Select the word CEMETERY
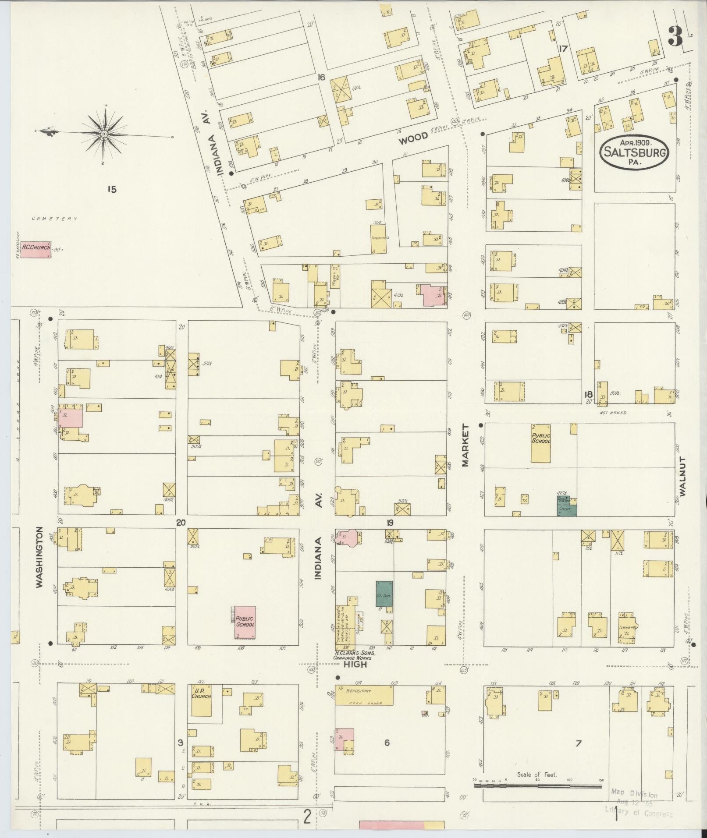(54, 219)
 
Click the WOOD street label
(413, 137)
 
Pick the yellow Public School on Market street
(541, 443)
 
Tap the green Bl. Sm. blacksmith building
(384, 594)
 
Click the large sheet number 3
(675, 36)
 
